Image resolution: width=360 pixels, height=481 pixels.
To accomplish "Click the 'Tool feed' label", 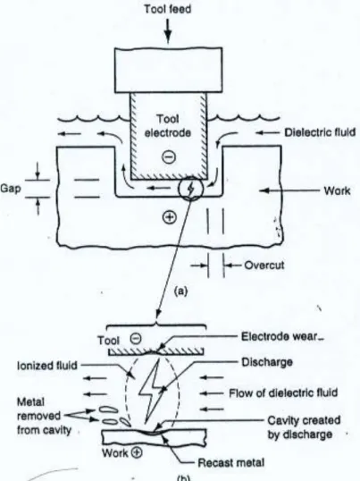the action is [168, 9].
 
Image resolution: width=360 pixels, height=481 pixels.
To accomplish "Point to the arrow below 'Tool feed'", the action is [168, 31].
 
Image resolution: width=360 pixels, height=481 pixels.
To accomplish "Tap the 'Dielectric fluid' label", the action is [320, 132].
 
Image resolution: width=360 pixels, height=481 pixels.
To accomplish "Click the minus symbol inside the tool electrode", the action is [169, 157].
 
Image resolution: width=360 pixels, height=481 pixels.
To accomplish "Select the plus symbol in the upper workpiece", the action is [170, 217].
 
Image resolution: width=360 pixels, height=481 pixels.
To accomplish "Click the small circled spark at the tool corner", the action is [190, 189].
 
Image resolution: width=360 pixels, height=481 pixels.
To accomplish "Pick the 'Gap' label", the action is [11, 189].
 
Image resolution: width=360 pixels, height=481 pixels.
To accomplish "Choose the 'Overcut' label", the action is [264, 265].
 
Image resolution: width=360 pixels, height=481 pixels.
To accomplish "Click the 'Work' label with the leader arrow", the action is [337, 191].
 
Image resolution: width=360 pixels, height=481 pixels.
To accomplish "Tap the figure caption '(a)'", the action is [180, 291].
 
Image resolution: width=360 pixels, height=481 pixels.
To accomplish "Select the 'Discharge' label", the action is [267, 362].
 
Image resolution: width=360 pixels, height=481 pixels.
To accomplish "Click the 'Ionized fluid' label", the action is [47, 366].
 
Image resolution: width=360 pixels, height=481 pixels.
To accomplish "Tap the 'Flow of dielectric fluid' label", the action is [283, 393].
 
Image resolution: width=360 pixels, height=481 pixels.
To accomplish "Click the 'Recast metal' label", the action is [231, 462].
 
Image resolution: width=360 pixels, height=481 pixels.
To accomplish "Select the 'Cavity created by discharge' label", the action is [304, 427].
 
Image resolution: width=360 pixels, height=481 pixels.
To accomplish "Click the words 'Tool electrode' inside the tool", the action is [168, 126].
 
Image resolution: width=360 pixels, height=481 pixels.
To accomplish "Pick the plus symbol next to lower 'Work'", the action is [137, 452].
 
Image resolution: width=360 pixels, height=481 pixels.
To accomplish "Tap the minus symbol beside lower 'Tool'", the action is [136, 338].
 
